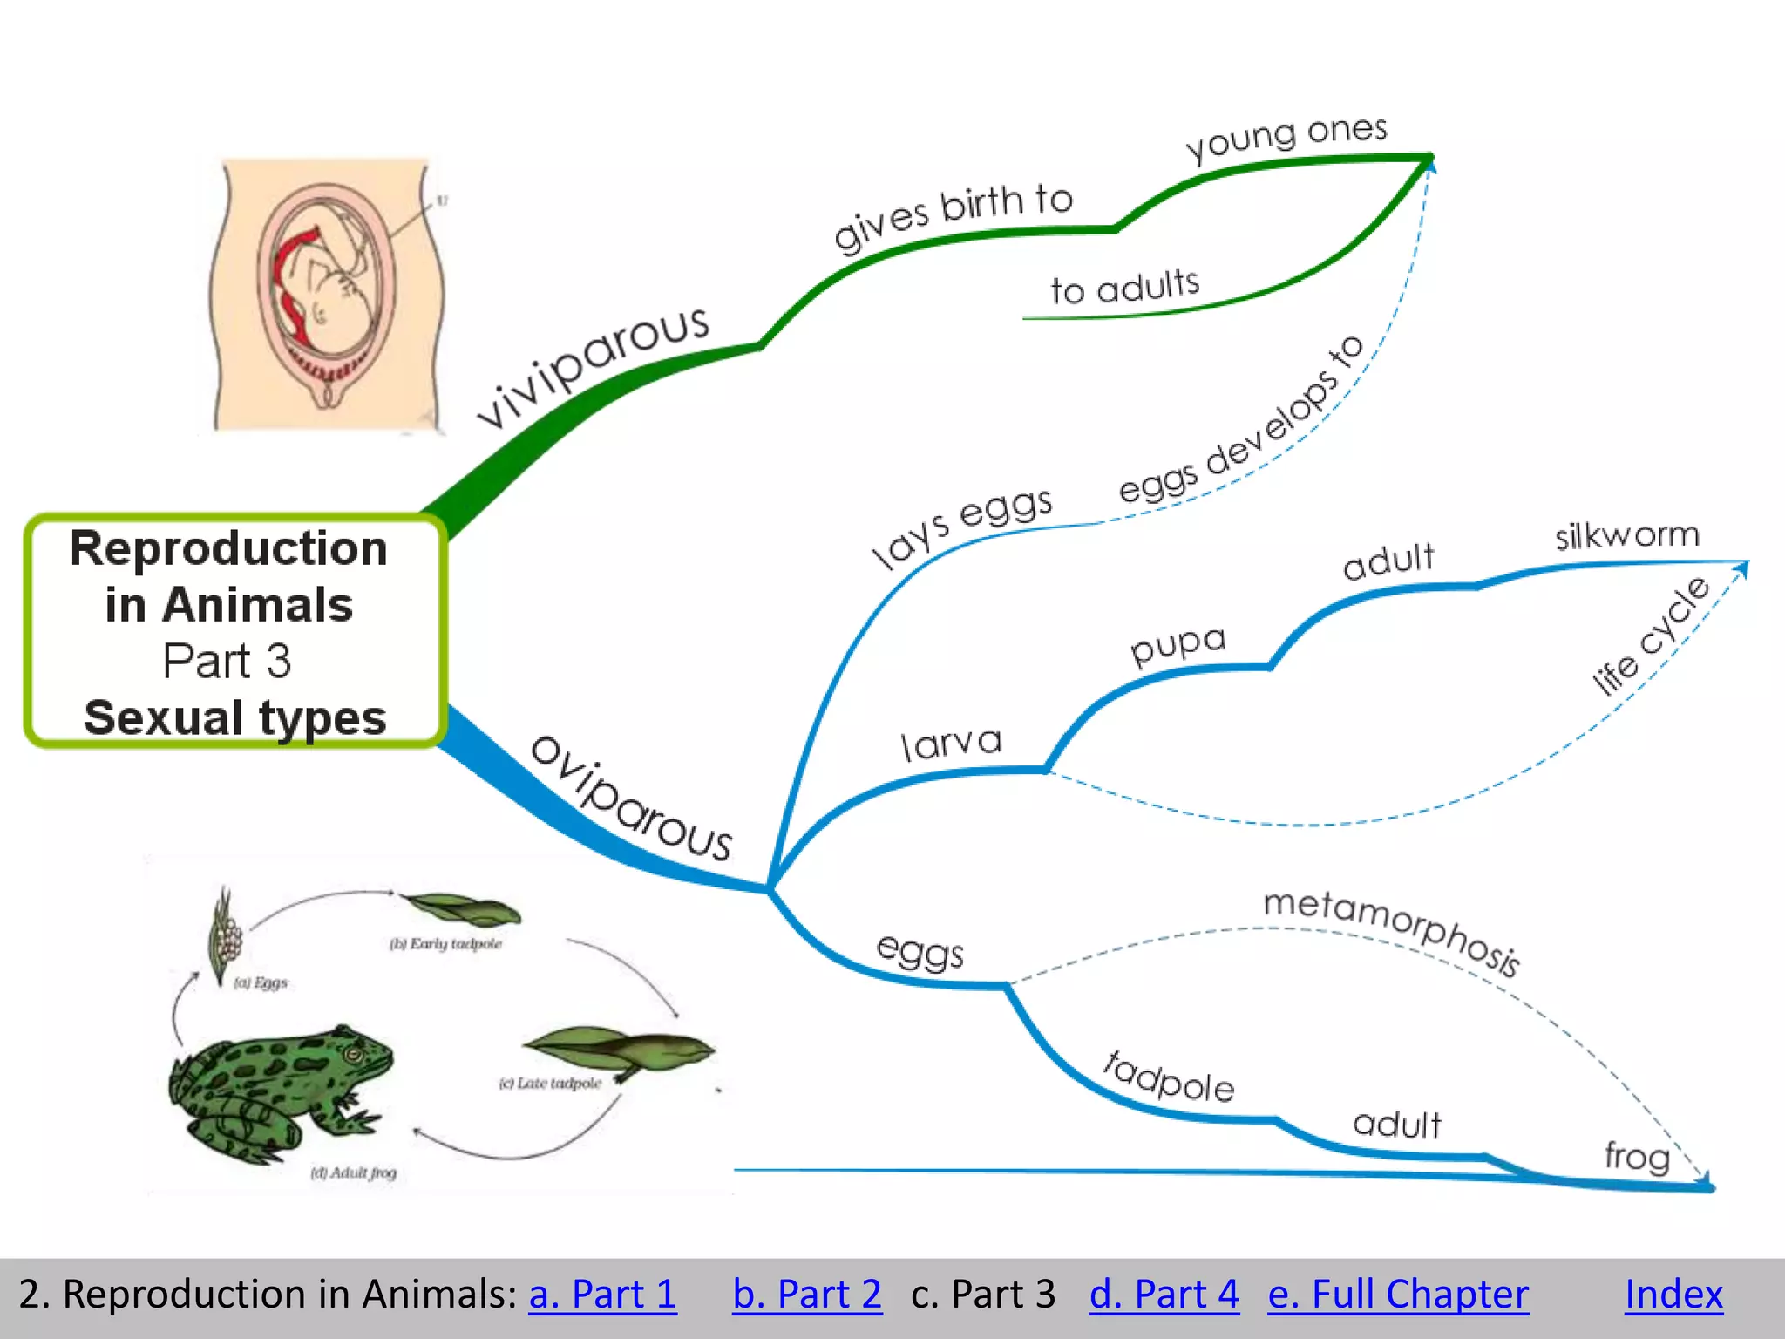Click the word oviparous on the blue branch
[632, 799]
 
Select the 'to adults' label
[1125, 287]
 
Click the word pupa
[1178, 644]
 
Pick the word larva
[951, 744]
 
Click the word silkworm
[1627, 535]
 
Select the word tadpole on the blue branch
[1169, 1077]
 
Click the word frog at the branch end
[1637, 1156]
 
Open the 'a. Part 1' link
[602, 1294]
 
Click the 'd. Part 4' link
[1164, 1294]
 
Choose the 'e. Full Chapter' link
[1397, 1294]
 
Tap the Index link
[1673, 1294]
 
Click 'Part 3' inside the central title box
[227, 661]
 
